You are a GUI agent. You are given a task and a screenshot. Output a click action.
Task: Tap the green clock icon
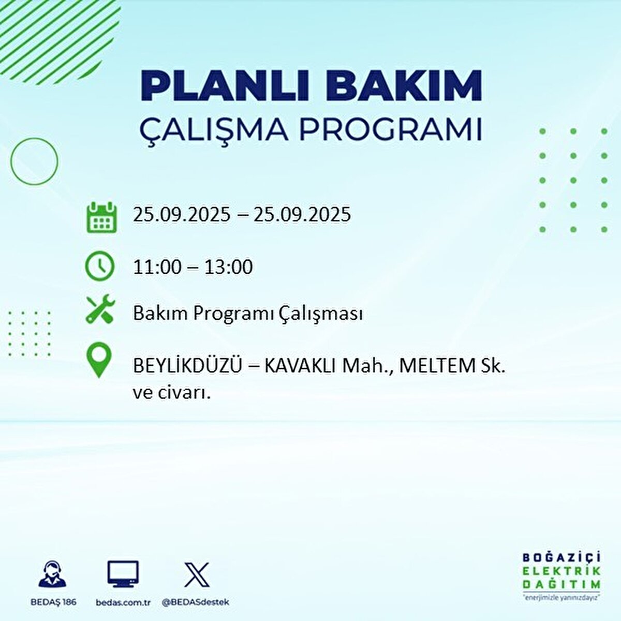[99, 266]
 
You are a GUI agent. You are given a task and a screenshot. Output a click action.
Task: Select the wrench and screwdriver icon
[100, 309]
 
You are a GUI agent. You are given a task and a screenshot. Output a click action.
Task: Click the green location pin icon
[98, 361]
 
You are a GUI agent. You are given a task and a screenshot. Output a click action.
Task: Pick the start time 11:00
[157, 267]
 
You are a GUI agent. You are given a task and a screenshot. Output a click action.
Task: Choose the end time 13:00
[228, 267]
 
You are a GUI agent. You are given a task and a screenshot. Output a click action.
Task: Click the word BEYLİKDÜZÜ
[187, 366]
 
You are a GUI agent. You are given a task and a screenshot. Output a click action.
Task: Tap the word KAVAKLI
[301, 366]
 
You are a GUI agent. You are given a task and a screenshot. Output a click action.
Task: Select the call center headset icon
[53, 574]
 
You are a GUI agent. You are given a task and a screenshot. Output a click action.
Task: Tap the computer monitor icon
[123, 574]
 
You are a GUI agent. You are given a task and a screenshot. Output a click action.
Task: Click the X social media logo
[197, 574]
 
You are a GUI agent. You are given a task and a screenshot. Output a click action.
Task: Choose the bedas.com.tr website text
[123, 602]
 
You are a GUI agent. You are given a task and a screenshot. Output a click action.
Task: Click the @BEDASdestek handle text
[196, 602]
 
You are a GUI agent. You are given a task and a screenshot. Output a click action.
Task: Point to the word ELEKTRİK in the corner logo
[562, 571]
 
